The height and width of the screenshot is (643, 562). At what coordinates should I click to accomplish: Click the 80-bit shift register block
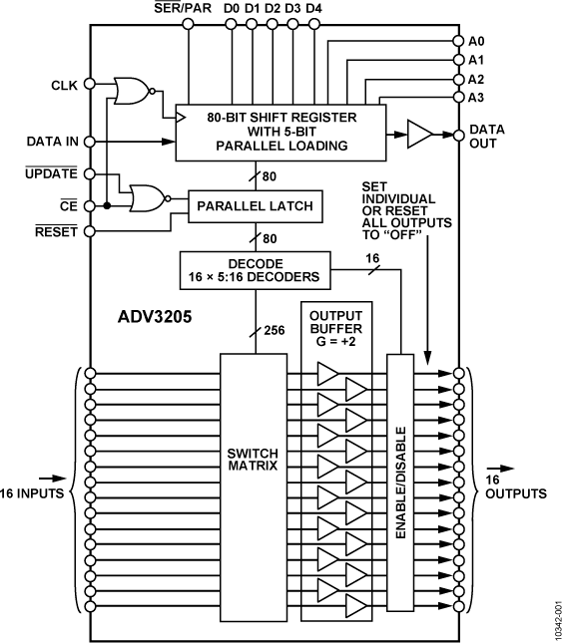281,132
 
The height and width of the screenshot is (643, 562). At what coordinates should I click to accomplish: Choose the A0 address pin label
476,42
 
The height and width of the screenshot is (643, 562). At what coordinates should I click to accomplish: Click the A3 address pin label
476,97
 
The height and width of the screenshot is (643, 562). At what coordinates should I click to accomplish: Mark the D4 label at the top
314,9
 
